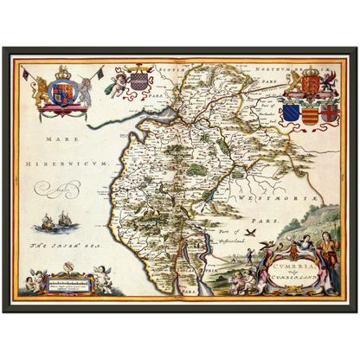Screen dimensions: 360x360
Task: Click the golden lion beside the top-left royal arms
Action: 41,91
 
